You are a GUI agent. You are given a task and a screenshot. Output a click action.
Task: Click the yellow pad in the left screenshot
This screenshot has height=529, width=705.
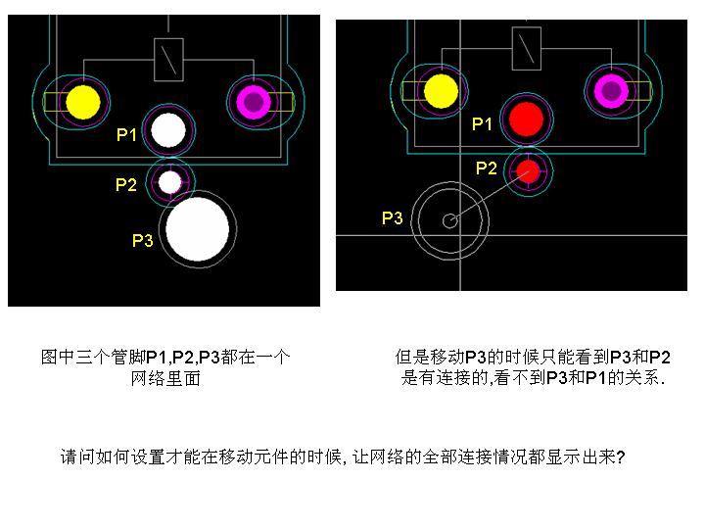tap(83, 102)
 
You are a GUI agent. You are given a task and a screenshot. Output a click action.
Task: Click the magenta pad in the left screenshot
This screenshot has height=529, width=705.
tap(254, 102)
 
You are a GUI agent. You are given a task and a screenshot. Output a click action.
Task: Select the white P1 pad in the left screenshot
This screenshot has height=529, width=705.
tap(168, 130)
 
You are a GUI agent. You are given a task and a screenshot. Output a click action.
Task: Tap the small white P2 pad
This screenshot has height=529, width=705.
tap(170, 182)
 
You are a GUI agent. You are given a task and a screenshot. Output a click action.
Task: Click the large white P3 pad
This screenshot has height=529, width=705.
tap(198, 229)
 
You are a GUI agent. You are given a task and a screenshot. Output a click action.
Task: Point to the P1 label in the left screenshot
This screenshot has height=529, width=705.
tap(126, 134)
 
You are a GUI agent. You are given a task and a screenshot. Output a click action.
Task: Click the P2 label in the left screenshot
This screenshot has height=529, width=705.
tap(126, 184)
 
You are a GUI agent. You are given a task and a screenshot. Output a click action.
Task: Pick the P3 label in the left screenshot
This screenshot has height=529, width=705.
tap(143, 240)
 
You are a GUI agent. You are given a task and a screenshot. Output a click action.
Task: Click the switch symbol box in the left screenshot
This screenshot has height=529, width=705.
tap(168, 60)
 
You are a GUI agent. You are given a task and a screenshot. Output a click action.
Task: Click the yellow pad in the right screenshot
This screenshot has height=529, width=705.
tap(441, 91)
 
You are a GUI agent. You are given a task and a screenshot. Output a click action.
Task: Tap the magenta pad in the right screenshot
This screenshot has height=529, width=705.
tap(611, 91)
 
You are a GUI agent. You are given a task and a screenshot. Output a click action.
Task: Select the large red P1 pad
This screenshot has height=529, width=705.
tap(526, 120)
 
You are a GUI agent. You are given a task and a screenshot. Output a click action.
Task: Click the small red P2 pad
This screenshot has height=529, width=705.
tap(528, 170)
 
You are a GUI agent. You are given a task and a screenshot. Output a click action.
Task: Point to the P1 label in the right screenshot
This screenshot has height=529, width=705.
tap(482, 123)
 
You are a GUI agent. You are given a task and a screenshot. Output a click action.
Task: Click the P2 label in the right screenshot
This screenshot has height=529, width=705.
tap(487, 168)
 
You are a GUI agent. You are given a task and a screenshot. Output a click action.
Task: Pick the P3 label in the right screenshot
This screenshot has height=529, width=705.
tap(392, 218)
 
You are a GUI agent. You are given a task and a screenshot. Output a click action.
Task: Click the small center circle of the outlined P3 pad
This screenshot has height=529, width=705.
tap(450, 220)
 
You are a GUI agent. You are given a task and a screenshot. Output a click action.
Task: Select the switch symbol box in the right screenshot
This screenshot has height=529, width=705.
tap(527, 49)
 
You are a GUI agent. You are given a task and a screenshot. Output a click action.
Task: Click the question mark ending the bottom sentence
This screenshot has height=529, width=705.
tap(621, 457)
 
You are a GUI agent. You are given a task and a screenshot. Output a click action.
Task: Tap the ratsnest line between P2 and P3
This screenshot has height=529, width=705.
tap(490, 196)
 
